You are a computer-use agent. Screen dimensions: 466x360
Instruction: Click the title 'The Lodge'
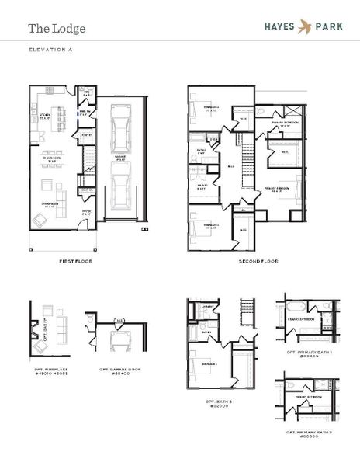pyautogui.click(x=57, y=29)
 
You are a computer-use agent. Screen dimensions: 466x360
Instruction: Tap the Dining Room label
pyautogui.click(x=53, y=160)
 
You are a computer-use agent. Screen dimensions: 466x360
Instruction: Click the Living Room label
pyautogui.click(x=53, y=206)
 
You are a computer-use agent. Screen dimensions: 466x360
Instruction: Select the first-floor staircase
pyautogui.click(x=88, y=165)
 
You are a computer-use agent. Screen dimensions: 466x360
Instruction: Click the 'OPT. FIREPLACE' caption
pyautogui.click(x=52, y=372)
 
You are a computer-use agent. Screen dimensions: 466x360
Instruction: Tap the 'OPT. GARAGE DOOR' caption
pyautogui.click(x=118, y=372)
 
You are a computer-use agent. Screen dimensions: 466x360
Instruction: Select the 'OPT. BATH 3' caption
pyautogui.click(x=219, y=402)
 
